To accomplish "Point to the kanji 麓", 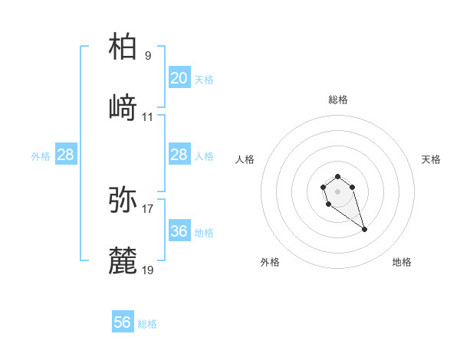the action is [x=123, y=260].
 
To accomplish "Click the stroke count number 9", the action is [x=147, y=55].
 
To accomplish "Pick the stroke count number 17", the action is [x=147, y=208].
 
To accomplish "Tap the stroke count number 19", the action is [x=147, y=270].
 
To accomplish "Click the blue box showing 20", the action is [x=179, y=78].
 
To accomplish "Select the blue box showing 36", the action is [x=179, y=231].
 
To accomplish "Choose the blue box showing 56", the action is [x=122, y=322].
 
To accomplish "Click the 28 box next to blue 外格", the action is [x=65, y=155].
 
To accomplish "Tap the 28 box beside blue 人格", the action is [x=179, y=155].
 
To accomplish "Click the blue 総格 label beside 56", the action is [x=147, y=324].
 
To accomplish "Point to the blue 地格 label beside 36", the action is [x=204, y=233].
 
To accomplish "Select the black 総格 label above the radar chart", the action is [x=337, y=100].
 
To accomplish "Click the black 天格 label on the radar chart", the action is [x=431, y=159].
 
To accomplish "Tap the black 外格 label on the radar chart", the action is [x=270, y=262].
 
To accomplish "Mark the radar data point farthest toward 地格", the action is [x=364, y=229].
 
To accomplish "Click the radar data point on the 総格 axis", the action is [x=337, y=177].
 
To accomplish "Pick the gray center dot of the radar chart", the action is [x=337, y=190].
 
